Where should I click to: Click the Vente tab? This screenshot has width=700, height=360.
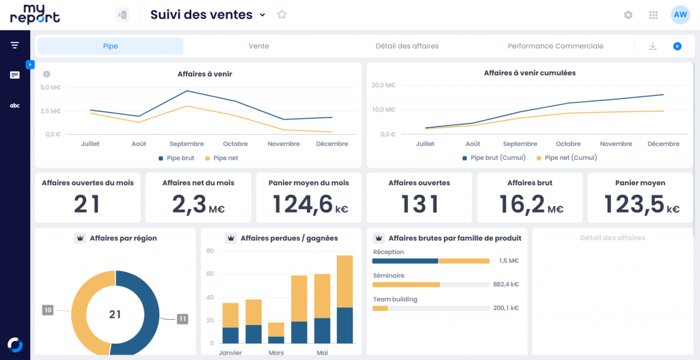coord(258,46)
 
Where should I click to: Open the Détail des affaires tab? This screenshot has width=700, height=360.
coord(407,46)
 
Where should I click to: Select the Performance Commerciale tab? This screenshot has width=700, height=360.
coord(555,46)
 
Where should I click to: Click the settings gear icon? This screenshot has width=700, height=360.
coord(628,15)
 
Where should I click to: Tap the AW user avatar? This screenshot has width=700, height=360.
coord(680,15)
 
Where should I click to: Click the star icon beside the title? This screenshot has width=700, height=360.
coord(282,14)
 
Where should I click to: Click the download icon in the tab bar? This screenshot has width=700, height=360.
coord(653,46)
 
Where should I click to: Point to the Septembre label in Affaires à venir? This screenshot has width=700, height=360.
coord(187,144)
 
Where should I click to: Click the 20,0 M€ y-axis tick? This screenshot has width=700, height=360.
coord(383,85)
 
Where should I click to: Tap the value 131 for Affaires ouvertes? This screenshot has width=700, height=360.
coord(419,204)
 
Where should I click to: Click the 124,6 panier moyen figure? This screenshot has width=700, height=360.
coord(302,204)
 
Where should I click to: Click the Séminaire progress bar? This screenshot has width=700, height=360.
coord(431,284)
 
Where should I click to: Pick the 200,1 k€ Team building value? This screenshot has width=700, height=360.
coord(506,308)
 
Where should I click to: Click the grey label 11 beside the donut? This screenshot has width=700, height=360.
coord(183,318)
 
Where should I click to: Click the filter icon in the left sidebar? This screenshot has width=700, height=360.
coord(14,45)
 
